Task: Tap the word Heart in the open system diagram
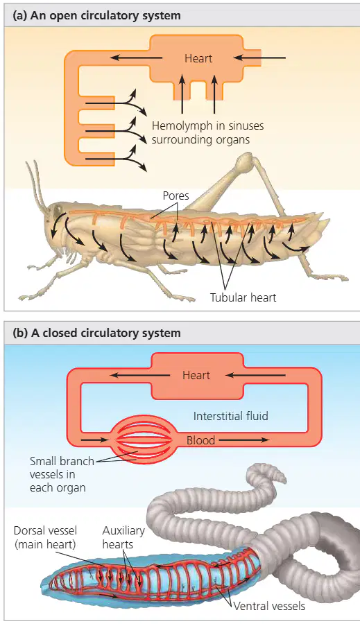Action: tap(198, 58)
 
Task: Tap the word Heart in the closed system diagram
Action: tap(196, 375)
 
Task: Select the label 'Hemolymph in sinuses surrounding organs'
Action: tap(208, 132)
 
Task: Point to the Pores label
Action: tap(175, 195)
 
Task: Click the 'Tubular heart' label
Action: tap(243, 297)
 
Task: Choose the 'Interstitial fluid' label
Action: tap(230, 416)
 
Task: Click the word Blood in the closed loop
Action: tap(201, 440)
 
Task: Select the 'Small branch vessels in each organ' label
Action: tap(62, 474)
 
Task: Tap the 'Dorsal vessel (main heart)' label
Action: tap(45, 537)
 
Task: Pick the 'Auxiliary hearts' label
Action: tap(123, 537)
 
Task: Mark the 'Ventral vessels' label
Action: tap(269, 606)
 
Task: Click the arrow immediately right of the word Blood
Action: tap(243, 440)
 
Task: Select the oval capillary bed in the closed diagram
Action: tap(142, 440)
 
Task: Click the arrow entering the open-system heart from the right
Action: tap(259, 58)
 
